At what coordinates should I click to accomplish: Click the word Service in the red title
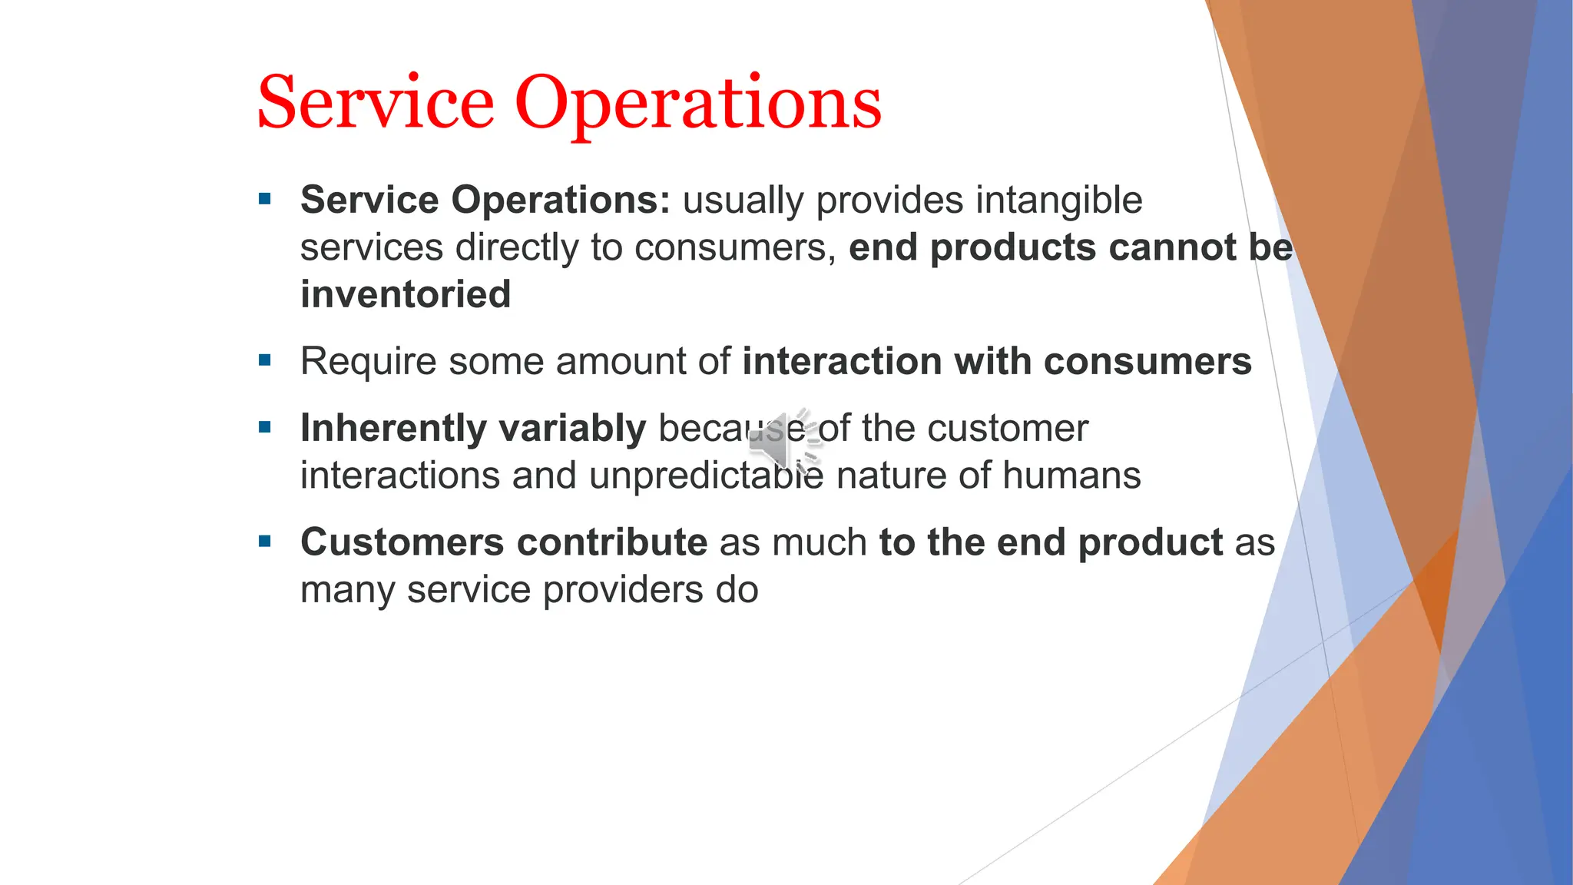(376, 102)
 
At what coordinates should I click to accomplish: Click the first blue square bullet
(266, 200)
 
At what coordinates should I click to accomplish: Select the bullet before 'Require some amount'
(266, 360)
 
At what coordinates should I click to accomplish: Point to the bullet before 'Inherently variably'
(266, 428)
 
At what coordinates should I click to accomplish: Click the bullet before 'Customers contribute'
(266, 542)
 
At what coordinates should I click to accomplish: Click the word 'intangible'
(1059, 201)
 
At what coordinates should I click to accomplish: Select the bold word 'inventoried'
(406, 295)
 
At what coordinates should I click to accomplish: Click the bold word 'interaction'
(842, 361)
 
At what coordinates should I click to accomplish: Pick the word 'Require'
(368, 362)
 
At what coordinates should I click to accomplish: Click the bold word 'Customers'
(402, 542)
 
